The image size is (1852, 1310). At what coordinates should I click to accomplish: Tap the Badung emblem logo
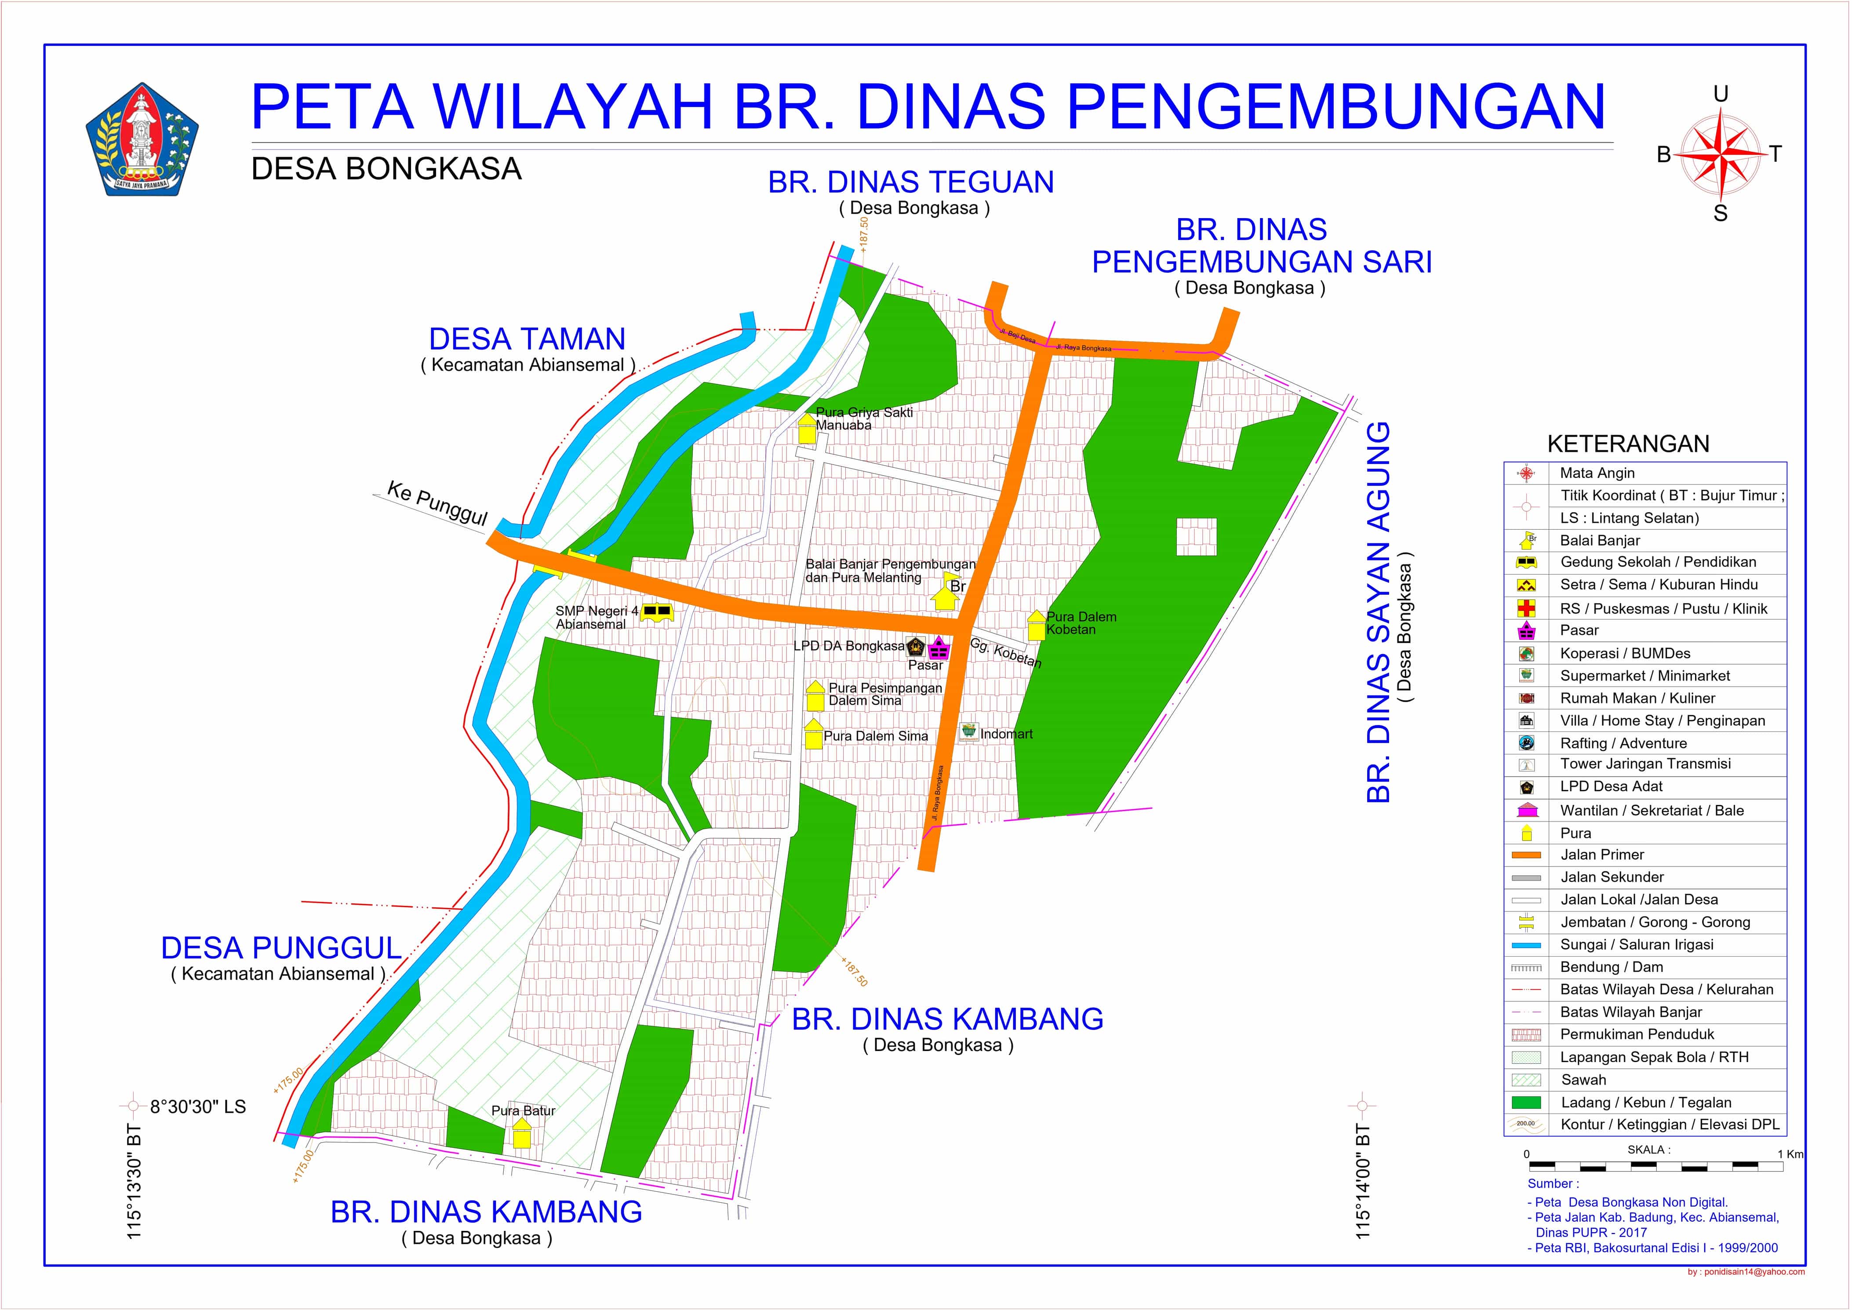tap(142, 139)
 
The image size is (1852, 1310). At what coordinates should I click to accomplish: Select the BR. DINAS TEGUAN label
tap(911, 182)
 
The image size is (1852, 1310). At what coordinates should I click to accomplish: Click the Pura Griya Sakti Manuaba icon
tap(807, 429)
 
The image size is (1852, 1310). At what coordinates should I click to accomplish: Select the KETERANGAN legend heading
tap(1628, 444)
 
